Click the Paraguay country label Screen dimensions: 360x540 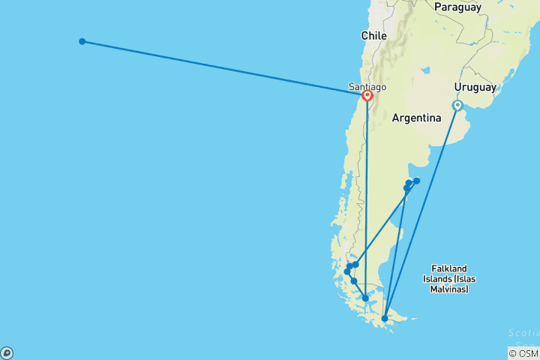click(x=457, y=7)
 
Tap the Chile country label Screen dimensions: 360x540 click(x=373, y=35)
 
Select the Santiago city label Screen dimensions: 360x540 click(x=367, y=87)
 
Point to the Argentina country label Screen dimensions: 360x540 click(x=416, y=118)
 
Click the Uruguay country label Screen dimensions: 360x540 click(x=475, y=87)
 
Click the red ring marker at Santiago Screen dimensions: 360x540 click(x=367, y=96)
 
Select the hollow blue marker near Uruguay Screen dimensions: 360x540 click(x=457, y=106)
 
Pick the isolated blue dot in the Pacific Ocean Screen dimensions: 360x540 click(x=82, y=41)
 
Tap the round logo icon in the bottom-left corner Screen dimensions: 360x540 click(x=7, y=352)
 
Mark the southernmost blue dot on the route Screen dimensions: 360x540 click(x=385, y=319)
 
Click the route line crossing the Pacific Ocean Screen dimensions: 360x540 click(x=225, y=68)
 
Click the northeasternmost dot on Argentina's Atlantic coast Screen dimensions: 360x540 click(x=417, y=181)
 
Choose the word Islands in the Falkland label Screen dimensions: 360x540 click(x=449, y=278)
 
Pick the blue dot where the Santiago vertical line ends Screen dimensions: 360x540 click(x=365, y=298)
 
